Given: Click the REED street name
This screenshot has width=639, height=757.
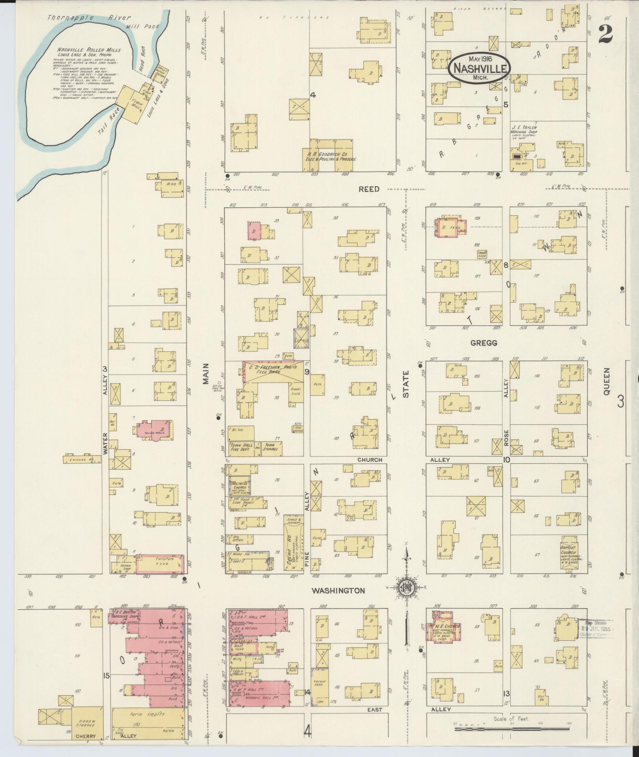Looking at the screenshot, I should (369, 189).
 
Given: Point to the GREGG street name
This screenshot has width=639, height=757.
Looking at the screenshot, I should (484, 343).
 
